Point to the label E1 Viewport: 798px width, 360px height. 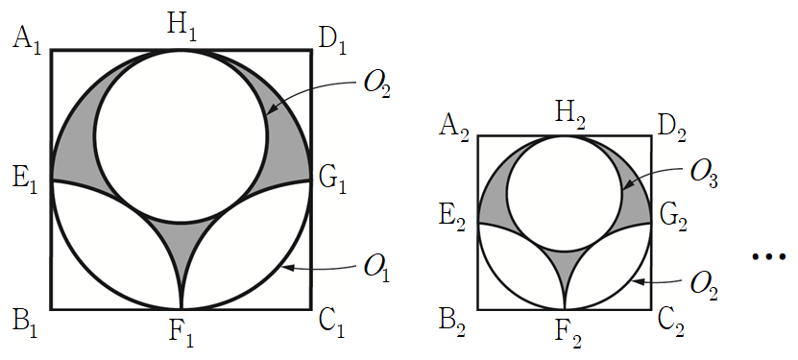(25, 180)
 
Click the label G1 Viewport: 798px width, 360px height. (333, 180)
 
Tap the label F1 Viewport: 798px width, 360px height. (181, 335)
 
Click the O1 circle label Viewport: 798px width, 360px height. (377, 269)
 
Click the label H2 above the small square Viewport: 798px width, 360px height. (569, 117)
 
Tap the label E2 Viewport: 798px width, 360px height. (453, 220)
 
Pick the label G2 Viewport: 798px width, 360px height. (673, 220)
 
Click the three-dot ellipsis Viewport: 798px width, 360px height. (768, 256)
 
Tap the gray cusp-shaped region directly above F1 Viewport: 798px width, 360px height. (181, 239)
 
